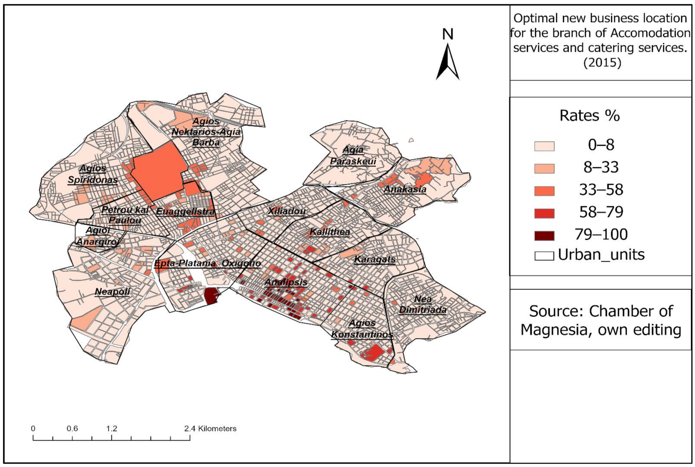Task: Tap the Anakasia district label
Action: click(405, 189)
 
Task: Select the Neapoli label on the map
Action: click(112, 292)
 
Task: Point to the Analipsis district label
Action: click(286, 282)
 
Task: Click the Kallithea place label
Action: click(330, 232)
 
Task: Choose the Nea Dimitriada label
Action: click(423, 304)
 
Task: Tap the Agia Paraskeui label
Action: click(353, 155)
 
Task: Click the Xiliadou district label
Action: click(287, 211)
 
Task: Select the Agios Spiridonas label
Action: click(93, 174)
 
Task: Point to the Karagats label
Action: click(375, 259)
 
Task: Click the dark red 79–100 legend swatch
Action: click(544, 236)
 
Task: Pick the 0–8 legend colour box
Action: click(544, 146)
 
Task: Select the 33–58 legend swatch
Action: click(544, 191)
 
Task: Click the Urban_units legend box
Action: click(544, 255)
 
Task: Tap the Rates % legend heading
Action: click(589, 116)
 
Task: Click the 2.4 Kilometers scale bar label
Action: click(210, 428)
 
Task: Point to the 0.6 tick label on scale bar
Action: click(72, 428)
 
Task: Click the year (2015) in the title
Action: click(602, 63)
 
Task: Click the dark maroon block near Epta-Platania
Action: click(211, 296)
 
